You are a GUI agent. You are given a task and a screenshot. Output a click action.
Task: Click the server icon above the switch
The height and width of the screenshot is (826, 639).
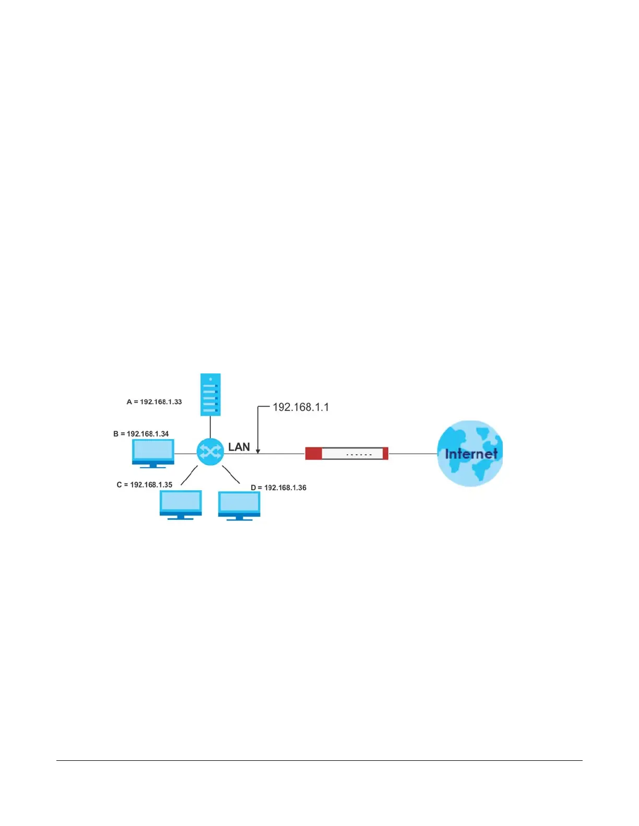pos(210,394)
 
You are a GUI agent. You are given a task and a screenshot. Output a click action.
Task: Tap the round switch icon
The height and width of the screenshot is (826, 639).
pos(210,452)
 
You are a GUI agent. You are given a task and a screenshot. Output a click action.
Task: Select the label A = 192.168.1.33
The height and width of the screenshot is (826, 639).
pos(154,402)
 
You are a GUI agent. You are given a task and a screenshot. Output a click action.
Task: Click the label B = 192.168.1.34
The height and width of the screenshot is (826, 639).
pos(141,434)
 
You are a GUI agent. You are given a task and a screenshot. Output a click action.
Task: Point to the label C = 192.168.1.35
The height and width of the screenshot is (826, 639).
pos(144,485)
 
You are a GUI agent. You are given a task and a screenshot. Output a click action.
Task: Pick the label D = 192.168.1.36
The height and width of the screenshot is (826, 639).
pos(278,488)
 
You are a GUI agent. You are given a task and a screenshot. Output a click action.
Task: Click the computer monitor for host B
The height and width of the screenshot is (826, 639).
pos(153,453)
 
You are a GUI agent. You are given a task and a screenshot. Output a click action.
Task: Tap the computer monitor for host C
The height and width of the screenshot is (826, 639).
pos(181,504)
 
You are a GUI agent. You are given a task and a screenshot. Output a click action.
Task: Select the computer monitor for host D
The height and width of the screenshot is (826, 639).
pos(239,505)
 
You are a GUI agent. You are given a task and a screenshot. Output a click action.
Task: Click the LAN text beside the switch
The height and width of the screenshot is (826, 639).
pos(239,447)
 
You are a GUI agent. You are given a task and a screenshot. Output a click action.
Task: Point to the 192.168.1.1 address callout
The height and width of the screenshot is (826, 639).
pos(301,407)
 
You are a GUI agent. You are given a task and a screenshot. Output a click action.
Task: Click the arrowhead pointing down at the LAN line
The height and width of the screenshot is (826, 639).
pos(258,451)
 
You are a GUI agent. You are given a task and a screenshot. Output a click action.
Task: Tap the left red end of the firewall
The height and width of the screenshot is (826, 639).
pos(313,454)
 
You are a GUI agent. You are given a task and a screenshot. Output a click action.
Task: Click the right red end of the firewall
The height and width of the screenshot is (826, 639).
pos(385,454)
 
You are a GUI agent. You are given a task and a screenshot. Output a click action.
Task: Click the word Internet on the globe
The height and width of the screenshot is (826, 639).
pos(471,454)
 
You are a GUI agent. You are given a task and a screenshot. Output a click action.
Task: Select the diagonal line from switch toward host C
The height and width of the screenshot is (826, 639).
pos(189,476)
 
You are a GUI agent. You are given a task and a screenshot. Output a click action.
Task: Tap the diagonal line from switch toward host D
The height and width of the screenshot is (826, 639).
pos(231,475)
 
